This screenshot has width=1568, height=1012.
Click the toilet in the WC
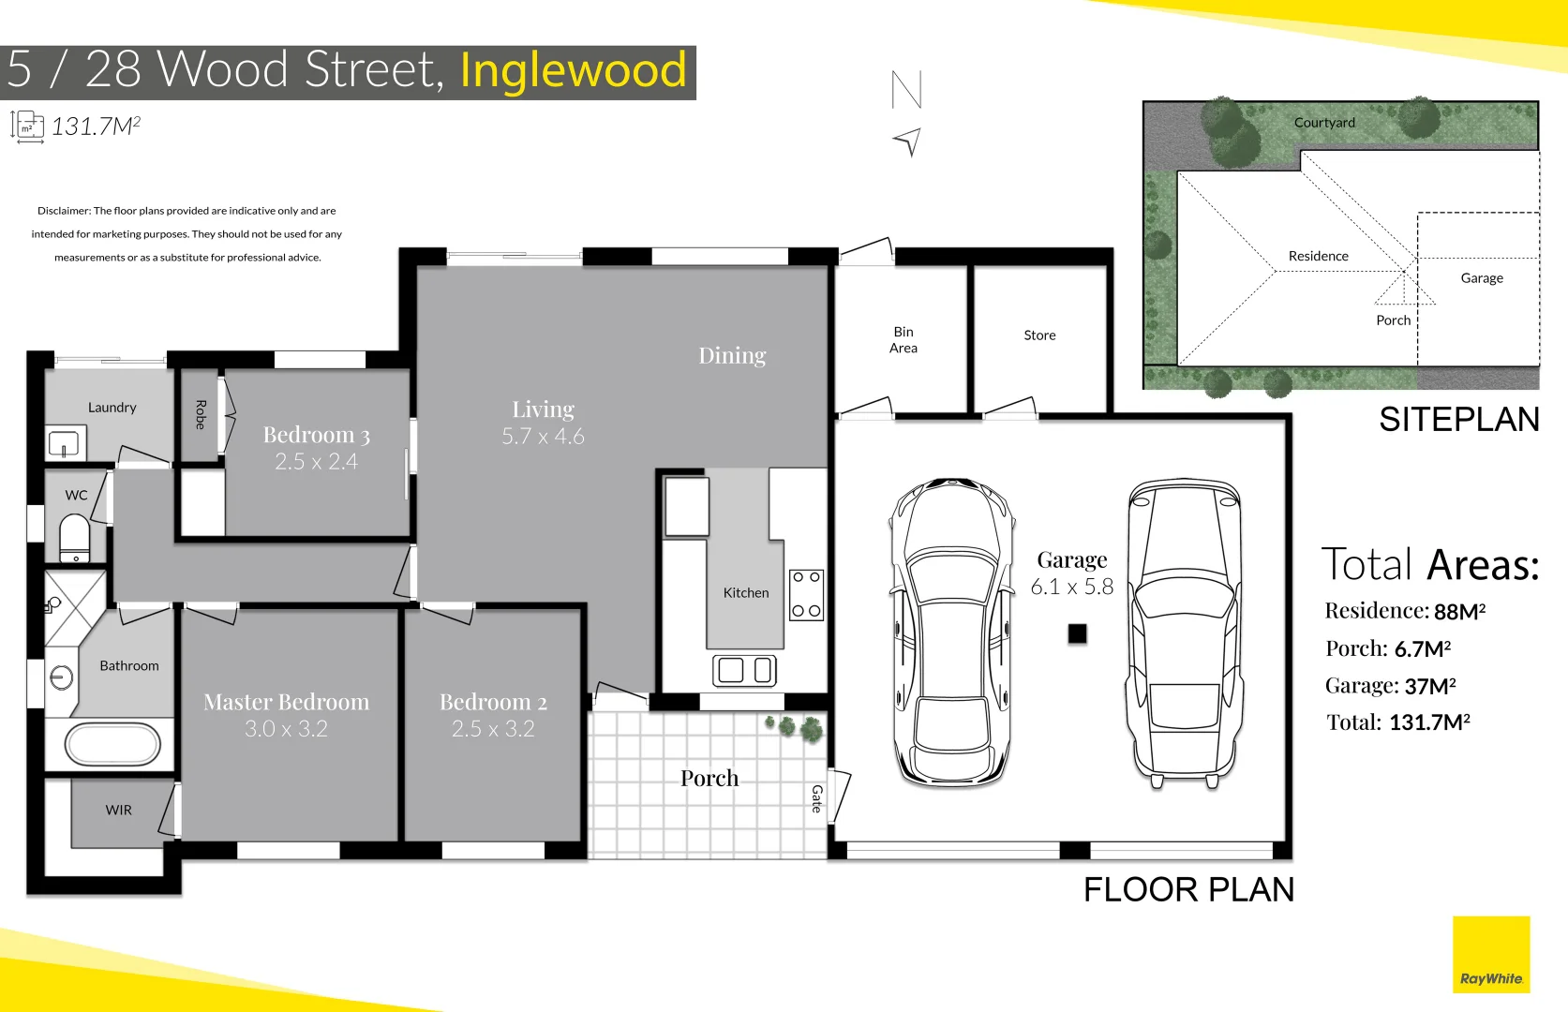75,538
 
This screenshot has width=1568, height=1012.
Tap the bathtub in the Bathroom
112,745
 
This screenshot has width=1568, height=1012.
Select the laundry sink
64,442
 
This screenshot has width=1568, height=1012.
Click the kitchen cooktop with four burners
806,594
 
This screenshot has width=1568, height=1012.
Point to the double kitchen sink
744,670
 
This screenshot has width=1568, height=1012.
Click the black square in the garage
1077,633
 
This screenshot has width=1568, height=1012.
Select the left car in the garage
952,632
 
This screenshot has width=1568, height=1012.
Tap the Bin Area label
903,340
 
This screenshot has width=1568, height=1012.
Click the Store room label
1039,335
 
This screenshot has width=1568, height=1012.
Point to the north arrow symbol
908,141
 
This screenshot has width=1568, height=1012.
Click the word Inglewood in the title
573,71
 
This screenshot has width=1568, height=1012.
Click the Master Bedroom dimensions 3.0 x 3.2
286,729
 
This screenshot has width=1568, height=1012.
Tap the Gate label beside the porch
816,798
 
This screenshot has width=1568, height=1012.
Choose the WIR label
118,811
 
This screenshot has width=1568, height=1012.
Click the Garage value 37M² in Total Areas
1429,686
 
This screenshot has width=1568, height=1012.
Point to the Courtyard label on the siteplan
1324,123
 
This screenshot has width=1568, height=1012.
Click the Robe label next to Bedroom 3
200,414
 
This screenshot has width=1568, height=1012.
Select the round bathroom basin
62,677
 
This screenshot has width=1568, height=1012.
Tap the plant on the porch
796,727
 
